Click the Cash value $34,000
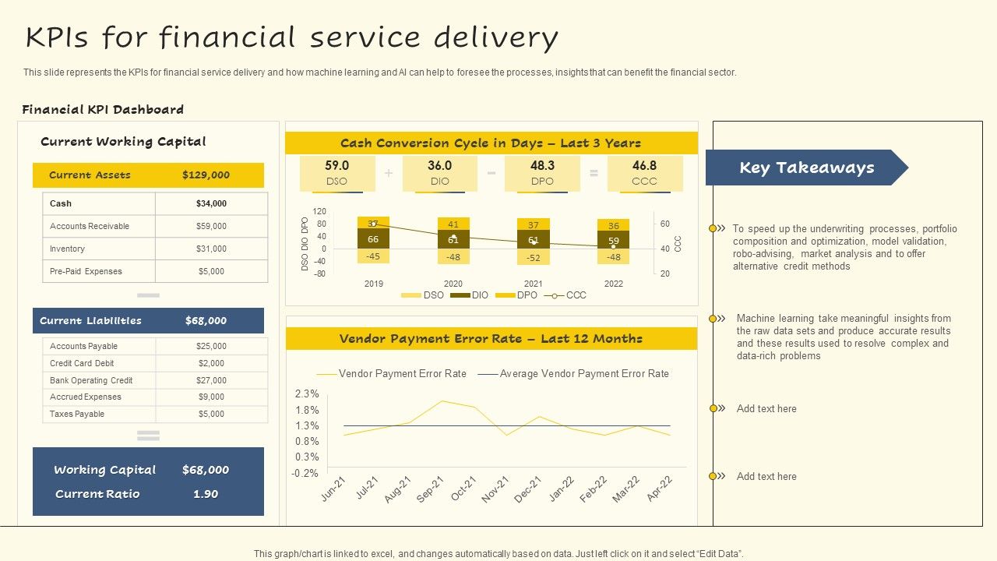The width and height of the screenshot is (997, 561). (211, 203)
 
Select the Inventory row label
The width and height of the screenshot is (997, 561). (67, 249)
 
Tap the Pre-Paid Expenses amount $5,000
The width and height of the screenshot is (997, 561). (211, 271)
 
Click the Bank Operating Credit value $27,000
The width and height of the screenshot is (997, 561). (211, 380)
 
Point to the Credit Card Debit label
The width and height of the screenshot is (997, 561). (82, 363)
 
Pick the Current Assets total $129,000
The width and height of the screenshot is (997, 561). (206, 175)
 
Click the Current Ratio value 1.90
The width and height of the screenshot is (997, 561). (206, 494)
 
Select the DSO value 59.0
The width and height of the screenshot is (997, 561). (336, 166)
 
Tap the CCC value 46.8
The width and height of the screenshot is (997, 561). (644, 166)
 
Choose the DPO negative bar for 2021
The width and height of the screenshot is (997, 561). (533, 257)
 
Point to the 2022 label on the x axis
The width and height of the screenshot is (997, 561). (614, 284)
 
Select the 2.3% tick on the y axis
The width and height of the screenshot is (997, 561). (307, 394)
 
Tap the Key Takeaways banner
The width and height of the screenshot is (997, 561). (806, 168)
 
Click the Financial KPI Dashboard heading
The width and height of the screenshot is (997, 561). (103, 110)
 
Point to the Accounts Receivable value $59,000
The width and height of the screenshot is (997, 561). (211, 226)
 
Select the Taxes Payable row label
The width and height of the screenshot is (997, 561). (76, 414)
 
